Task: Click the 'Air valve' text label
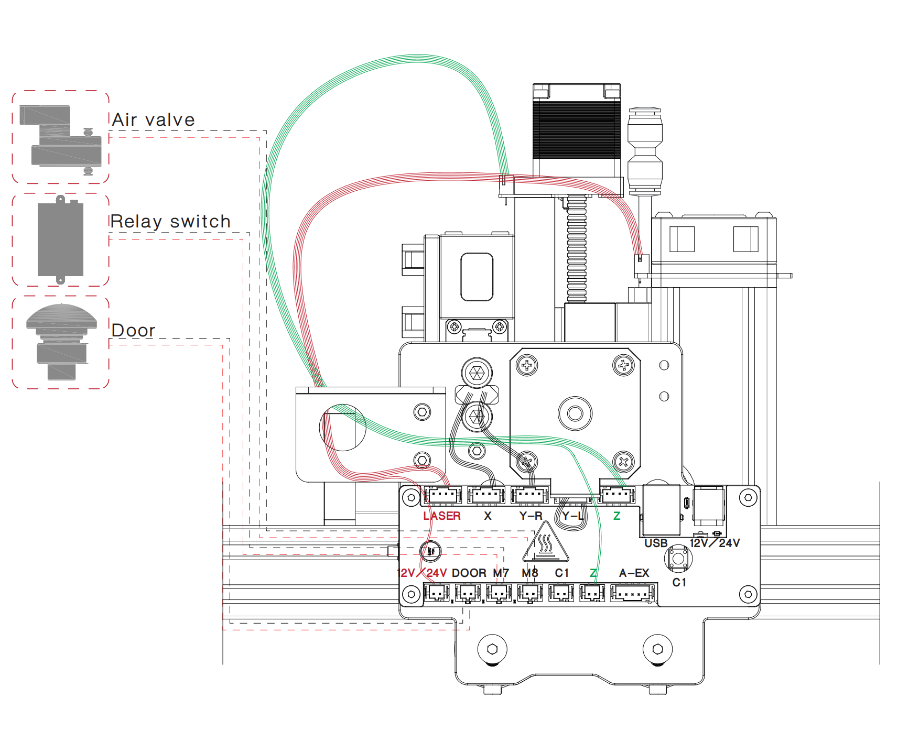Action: click(x=153, y=120)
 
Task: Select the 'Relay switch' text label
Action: click(x=170, y=222)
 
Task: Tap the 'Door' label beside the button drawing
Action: click(x=133, y=331)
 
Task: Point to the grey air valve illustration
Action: click(x=60, y=137)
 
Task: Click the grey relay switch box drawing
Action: click(x=60, y=239)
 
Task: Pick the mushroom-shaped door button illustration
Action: click(x=61, y=341)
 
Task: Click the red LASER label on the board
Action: click(x=441, y=516)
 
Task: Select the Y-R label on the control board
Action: click(x=531, y=516)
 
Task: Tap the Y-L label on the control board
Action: click(x=572, y=516)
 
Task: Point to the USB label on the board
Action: click(x=655, y=543)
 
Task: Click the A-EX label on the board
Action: click(x=634, y=573)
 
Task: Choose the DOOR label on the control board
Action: click(x=469, y=573)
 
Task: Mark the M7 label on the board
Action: click(x=501, y=573)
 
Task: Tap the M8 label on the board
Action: click(x=529, y=573)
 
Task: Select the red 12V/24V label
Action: click(x=422, y=573)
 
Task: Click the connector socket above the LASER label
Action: click(x=443, y=495)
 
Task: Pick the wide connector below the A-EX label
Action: click(x=633, y=594)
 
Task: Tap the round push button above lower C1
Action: click(x=678, y=559)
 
